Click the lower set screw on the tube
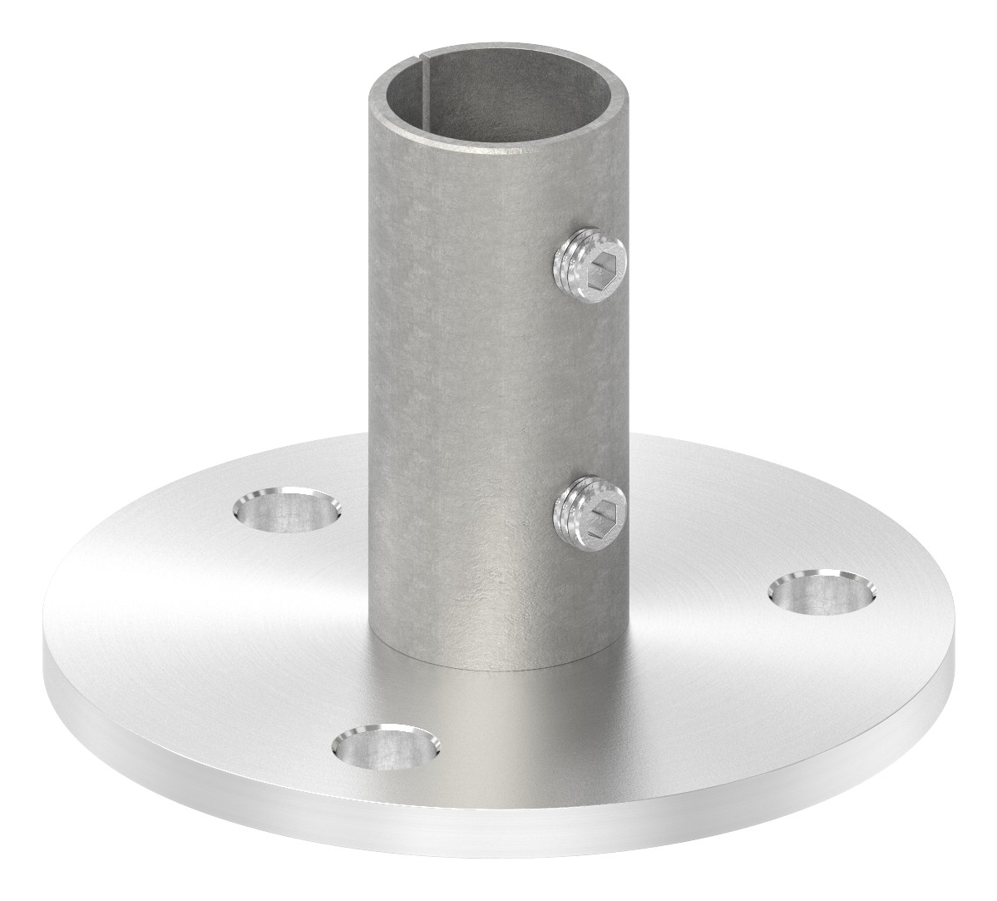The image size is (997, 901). [x=587, y=507]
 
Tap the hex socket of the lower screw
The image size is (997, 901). [x=597, y=508]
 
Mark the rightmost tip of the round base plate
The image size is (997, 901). [x=955, y=657]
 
